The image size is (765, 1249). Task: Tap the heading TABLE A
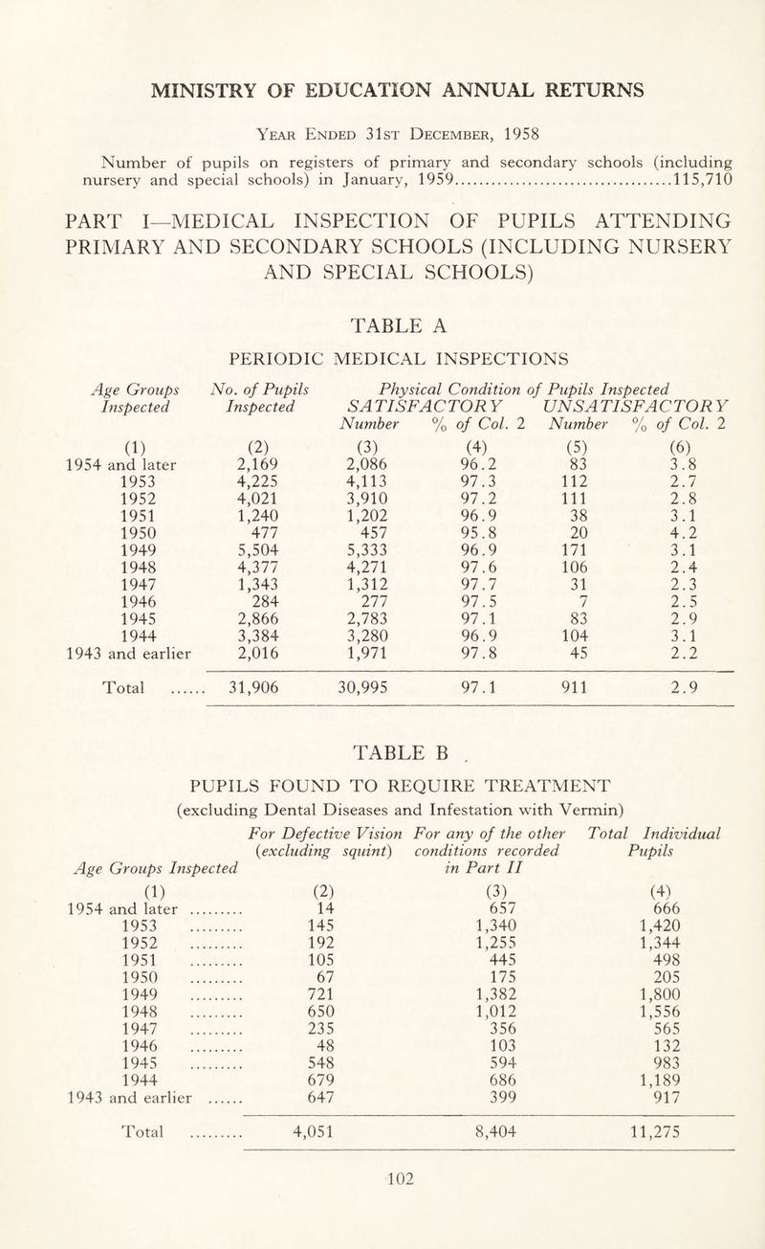tap(382, 326)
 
